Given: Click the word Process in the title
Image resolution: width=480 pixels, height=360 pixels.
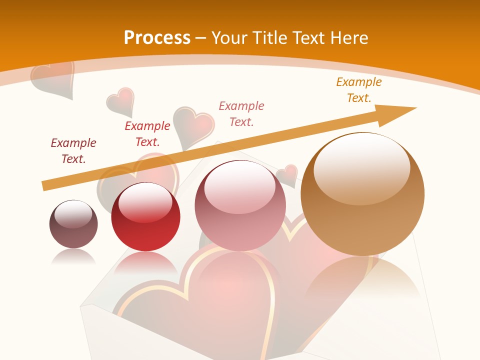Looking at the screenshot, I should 157,37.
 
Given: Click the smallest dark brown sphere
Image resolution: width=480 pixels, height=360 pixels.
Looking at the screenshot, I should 73,225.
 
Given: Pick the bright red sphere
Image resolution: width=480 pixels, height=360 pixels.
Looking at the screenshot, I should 145,220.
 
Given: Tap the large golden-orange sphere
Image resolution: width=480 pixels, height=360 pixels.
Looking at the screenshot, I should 362,200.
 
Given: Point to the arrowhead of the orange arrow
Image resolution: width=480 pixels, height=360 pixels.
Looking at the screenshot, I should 400,112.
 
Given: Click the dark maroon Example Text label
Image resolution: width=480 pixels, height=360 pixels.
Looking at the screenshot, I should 73,151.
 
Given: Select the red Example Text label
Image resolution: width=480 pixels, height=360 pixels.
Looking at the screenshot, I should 147,134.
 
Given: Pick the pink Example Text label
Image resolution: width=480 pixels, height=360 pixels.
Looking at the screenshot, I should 241,113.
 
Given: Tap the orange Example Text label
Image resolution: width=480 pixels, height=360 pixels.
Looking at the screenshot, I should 359,90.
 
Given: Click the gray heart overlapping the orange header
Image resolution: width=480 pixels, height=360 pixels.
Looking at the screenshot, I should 52,77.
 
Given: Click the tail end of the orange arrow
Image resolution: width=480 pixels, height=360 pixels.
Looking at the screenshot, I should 46,186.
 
